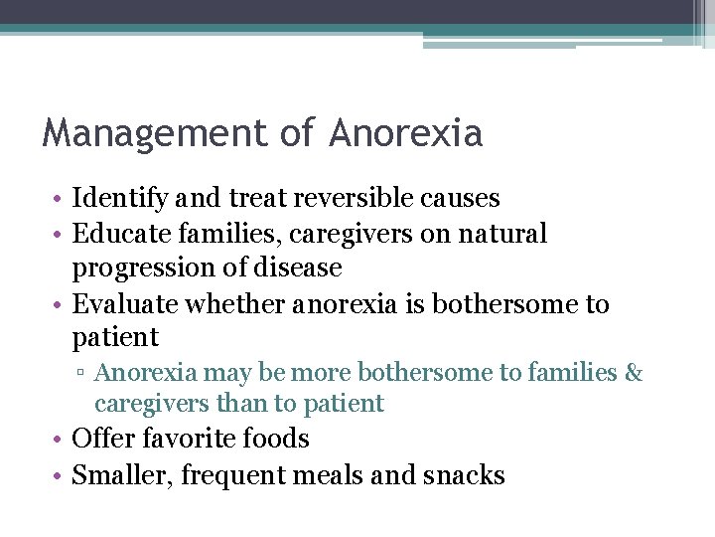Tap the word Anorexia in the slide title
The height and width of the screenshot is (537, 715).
coord(406,132)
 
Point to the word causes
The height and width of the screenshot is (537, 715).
coord(466,198)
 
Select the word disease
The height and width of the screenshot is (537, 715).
coord(300,268)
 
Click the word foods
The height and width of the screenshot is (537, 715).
coord(276,439)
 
